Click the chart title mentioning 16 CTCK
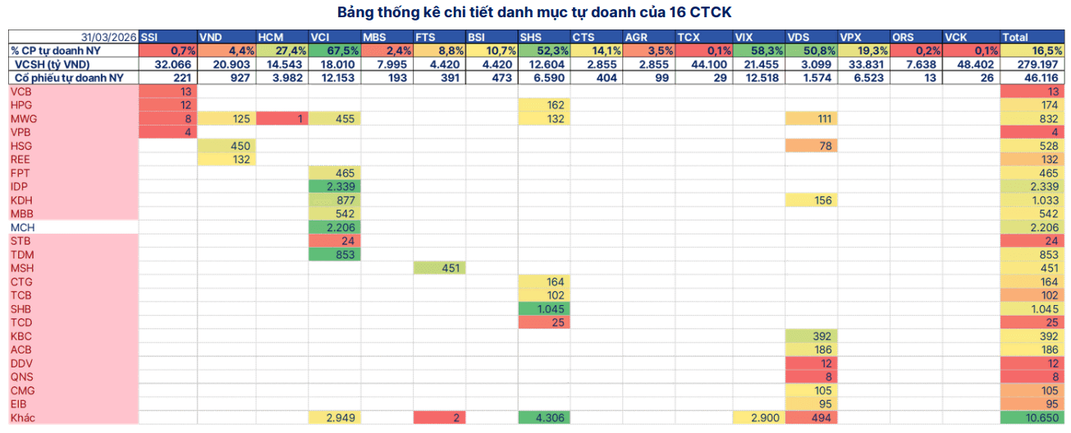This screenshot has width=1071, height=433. [x=534, y=12]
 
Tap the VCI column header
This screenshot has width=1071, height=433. [x=334, y=37]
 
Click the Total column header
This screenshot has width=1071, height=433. [x=1032, y=37]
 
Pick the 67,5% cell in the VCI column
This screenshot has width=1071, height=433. [x=334, y=51]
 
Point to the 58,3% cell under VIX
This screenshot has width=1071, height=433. [x=758, y=51]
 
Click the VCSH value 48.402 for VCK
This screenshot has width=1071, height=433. [x=971, y=64]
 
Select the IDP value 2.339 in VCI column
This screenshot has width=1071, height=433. [x=334, y=186]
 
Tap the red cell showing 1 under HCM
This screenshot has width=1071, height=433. [x=282, y=119]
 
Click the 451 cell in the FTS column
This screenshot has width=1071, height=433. [x=439, y=268]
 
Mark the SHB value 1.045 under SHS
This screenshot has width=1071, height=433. [x=544, y=308]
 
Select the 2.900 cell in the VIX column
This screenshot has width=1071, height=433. [x=758, y=417]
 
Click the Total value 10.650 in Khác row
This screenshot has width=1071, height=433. [x=1032, y=417]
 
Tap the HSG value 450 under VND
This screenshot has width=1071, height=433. [x=227, y=146]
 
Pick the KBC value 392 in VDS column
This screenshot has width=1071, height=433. [x=811, y=336]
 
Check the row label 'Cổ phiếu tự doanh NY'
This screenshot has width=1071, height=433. [x=69, y=78]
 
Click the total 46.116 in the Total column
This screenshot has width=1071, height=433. [x=1032, y=78]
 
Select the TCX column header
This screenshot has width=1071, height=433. [x=704, y=37]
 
